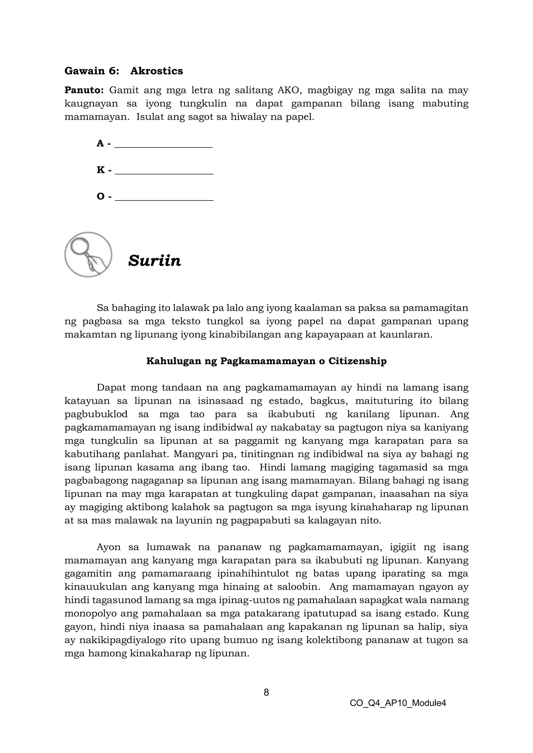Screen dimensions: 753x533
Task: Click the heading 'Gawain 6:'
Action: click(92, 71)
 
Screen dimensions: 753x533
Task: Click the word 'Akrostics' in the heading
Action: click(157, 71)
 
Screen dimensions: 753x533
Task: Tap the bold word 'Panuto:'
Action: click(84, 90)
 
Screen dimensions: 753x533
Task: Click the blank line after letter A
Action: click(163, 144)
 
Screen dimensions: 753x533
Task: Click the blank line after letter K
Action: click(164, 171)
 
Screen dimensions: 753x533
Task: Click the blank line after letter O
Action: click(164, 197)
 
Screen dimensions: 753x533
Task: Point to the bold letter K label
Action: click(100, 170)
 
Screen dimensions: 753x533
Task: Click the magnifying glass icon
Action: click(88, 255)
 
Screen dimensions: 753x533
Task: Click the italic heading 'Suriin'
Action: click(155, 261)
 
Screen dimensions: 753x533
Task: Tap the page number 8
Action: click(266, 692)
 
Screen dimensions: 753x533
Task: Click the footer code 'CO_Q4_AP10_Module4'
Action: click(398, 703)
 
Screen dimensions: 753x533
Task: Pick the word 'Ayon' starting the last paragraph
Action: click(109, 547)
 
